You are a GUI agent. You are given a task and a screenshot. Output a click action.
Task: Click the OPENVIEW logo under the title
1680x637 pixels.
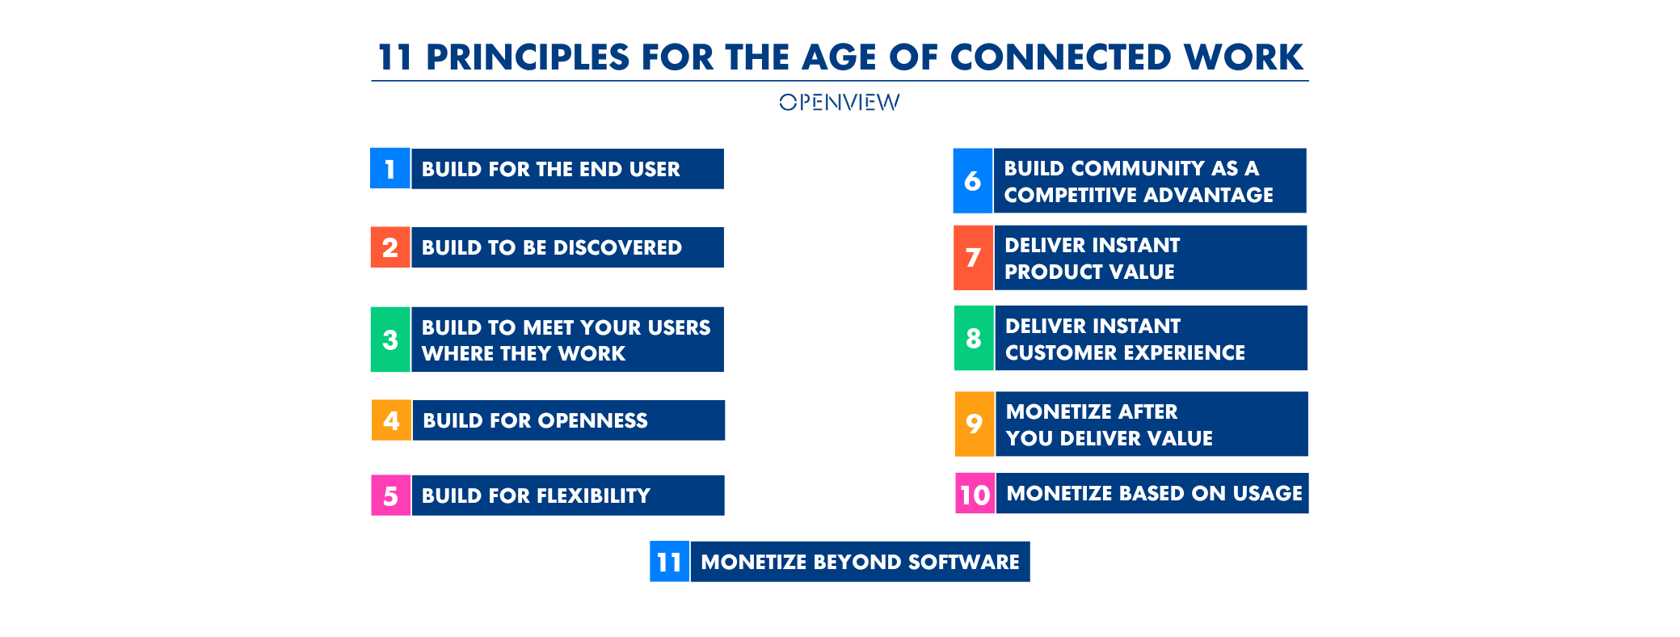coord(839,102)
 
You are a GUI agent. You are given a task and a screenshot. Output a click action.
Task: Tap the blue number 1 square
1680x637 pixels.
coord(390,168)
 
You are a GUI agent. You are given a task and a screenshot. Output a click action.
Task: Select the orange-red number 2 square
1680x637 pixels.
coord(390,247)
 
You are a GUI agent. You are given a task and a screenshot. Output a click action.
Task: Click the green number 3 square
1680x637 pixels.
coord(390,340)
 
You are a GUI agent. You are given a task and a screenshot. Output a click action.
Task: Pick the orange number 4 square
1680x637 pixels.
coord(391,420)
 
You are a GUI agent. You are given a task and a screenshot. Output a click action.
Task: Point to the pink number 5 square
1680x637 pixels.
coord(391,496)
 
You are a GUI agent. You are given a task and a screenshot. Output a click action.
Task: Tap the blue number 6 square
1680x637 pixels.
coord(973,180)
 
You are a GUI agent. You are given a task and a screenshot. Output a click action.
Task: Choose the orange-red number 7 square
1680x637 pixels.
coord(974,258)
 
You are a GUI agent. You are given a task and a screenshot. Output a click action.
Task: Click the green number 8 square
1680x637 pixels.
coord(974,338)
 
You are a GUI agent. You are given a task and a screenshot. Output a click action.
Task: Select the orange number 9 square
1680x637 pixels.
coord(975,424)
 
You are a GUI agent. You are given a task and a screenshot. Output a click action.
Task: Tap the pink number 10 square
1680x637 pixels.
coord(975,493)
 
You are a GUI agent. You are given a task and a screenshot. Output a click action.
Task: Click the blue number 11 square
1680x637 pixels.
coord(670,562)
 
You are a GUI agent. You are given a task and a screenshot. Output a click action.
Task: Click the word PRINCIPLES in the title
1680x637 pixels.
coord(528,57)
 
